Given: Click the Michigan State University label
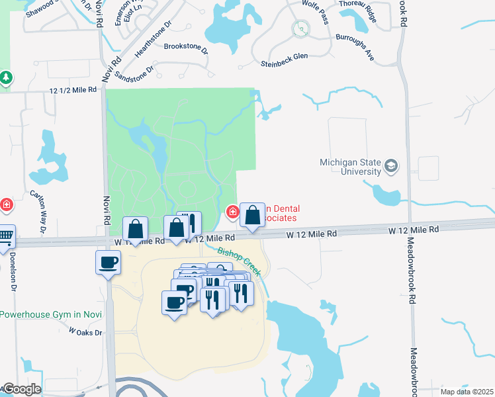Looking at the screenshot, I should click(350, 167).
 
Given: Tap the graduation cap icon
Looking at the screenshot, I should click(391, 166).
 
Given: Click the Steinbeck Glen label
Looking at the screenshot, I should click(284, 64).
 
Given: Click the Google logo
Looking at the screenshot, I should click(22, 389).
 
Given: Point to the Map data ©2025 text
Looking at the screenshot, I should click(467, 392).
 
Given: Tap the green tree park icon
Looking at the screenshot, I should click(6, 79).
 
